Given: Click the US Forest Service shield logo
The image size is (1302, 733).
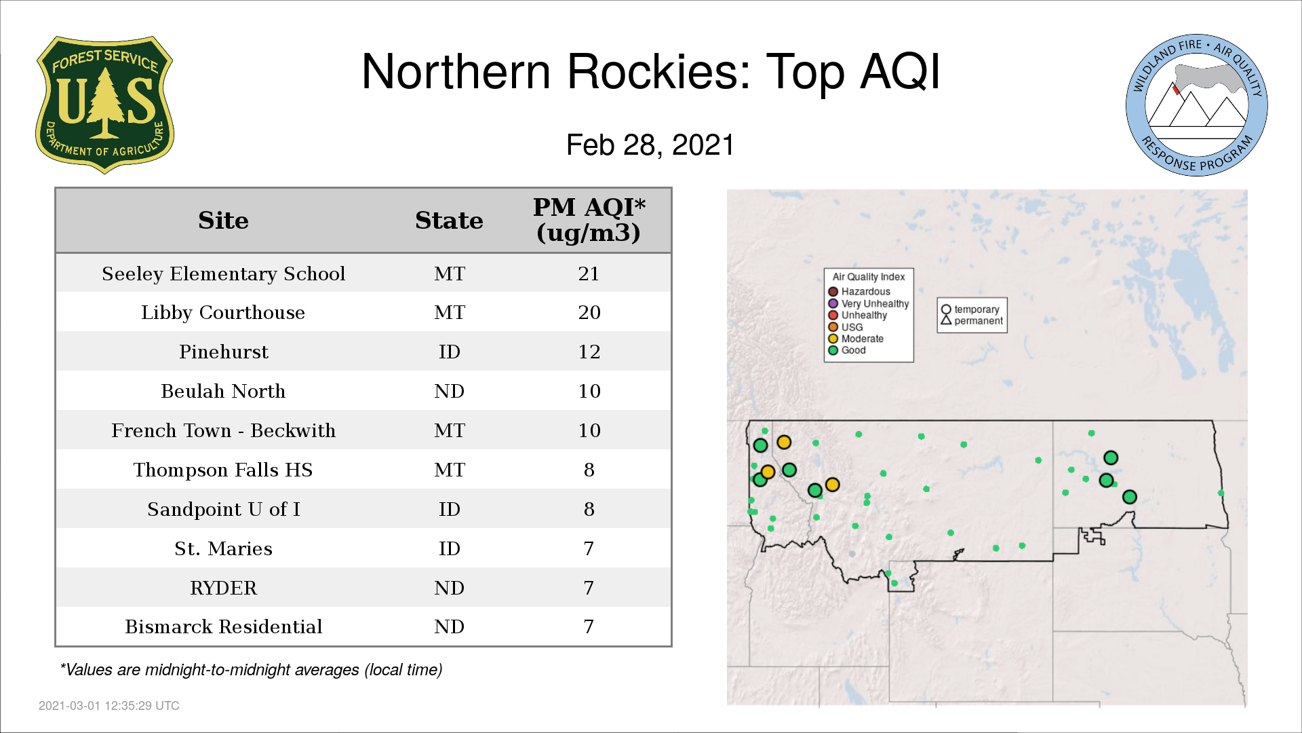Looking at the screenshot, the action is (104, 105).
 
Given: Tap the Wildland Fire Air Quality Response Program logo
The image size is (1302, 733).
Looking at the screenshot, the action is (1196, 105).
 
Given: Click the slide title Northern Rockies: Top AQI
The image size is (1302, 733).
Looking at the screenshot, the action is (651, 71).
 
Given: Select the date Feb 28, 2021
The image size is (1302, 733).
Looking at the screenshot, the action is (650, 145).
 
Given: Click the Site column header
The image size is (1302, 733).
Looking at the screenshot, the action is (223, 221).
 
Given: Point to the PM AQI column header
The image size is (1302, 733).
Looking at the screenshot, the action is (589, 220).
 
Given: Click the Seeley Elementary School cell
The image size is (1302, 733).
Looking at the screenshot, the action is (223, 274).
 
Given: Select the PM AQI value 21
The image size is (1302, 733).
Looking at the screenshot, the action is (589, 274).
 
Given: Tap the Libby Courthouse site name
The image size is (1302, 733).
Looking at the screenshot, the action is (223, 312).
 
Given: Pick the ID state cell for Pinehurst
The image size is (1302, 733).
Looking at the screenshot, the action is (449, 352).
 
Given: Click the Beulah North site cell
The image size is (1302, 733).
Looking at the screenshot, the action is (223, 391).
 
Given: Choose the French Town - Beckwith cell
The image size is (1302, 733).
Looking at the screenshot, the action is (223, 430).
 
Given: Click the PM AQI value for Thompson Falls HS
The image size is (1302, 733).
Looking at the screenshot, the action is (589, 470).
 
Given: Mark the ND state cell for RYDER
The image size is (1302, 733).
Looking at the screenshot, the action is (449, 588).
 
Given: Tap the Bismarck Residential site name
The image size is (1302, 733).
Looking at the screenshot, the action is (223, 626).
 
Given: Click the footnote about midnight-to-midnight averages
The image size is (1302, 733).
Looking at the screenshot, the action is (251, 670).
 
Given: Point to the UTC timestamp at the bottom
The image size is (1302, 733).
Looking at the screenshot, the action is (109, 706).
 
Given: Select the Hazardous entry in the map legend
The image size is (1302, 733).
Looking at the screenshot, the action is (859, 292).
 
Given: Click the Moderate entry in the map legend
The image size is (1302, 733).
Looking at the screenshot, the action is (856, 339).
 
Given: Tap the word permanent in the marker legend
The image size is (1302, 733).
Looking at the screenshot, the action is (979, 321).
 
